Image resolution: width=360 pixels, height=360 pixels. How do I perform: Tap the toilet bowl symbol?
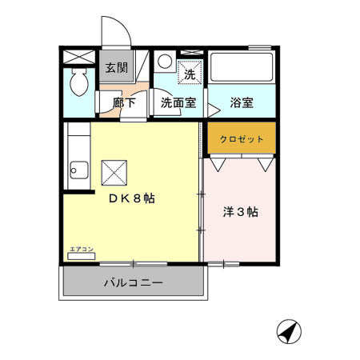[x=79, y=80]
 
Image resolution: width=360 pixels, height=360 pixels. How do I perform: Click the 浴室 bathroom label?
[x=242, y=103]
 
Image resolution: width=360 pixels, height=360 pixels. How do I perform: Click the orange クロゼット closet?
[x=242, y=138]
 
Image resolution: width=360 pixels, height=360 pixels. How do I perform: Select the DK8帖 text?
[x=131, y=199]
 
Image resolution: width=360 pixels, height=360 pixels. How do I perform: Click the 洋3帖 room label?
[x=240, y=213]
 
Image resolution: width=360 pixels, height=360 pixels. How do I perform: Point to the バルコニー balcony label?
[x=133, y=283]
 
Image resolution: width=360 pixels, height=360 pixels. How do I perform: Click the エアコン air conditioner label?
[x=82, y=249]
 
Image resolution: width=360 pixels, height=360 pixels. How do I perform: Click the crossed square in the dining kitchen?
[x=113, y=170]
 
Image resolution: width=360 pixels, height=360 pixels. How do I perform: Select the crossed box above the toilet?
[x=79, y=58]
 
